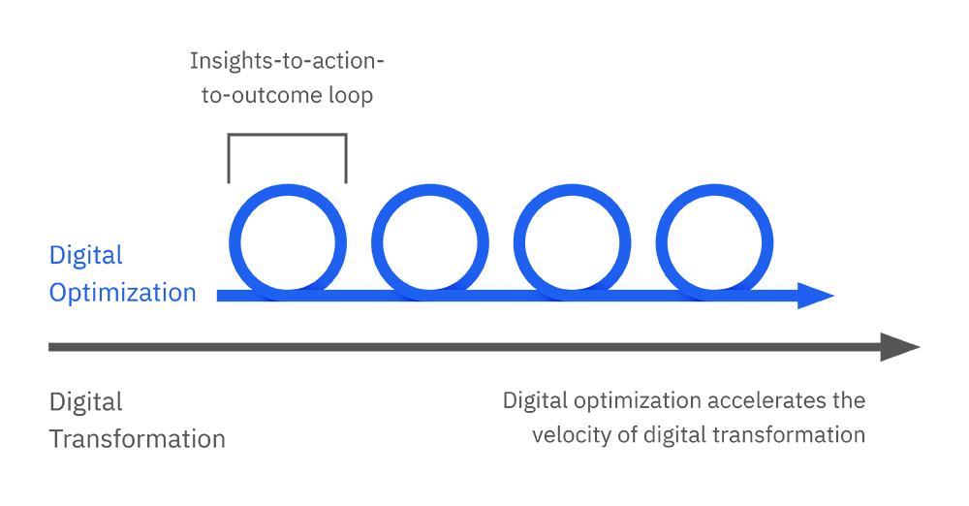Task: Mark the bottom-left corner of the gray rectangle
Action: (x=50, y=445)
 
